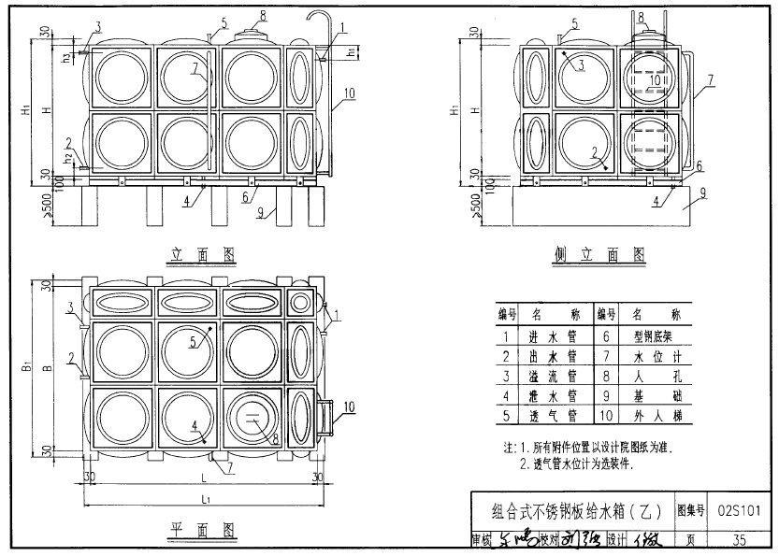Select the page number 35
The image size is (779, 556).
click(739, 539)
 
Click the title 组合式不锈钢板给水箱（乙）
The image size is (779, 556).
click(576, 511)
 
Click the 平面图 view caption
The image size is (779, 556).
click(202, 529)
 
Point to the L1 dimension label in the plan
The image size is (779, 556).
click(203, 502)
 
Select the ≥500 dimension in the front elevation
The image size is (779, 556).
click(37, 205)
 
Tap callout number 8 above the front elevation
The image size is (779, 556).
click(263, 16)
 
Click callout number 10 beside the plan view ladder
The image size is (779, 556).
click(348, 406)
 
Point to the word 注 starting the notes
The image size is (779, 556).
click(509, 448)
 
